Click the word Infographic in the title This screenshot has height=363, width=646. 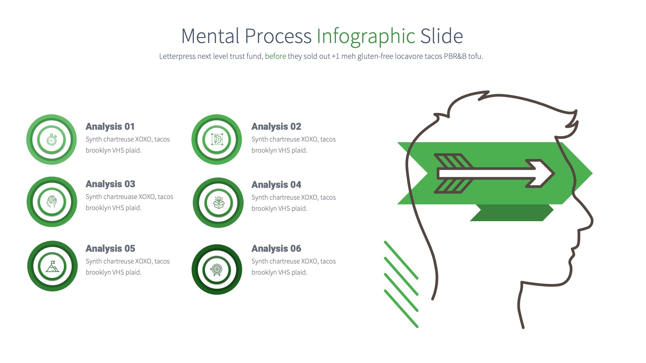[x=366, y=36]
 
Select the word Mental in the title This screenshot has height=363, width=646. [x=210, y=36]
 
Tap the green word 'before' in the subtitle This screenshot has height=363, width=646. [x=275, y=56]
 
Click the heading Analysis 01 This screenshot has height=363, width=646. [x=110, y=127]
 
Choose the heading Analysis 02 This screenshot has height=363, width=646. [x=276, y=127]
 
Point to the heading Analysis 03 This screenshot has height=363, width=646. [x=110, y=184]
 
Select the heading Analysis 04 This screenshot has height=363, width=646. [x=276, y=185]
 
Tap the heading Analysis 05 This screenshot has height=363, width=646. [x=110, y=249]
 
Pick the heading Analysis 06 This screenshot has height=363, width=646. [x=276, y=249]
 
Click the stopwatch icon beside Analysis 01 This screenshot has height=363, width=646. [x=51, y=139]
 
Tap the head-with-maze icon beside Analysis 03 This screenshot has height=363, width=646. [x=52, y=202]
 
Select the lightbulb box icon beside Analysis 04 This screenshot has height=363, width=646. [x=219, y=202]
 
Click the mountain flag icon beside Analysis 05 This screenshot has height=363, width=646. [x=52, y=266]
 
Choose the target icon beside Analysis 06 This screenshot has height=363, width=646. [x=217, y=270]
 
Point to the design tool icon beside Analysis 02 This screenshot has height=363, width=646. [x=217, y=139]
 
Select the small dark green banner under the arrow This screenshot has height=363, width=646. [x=511, y=213]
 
